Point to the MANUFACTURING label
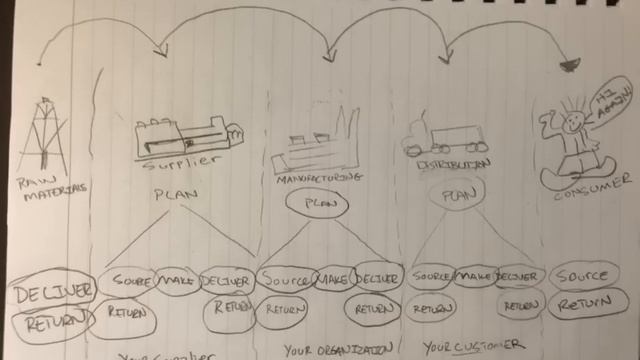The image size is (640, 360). click(x=314, y=177)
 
